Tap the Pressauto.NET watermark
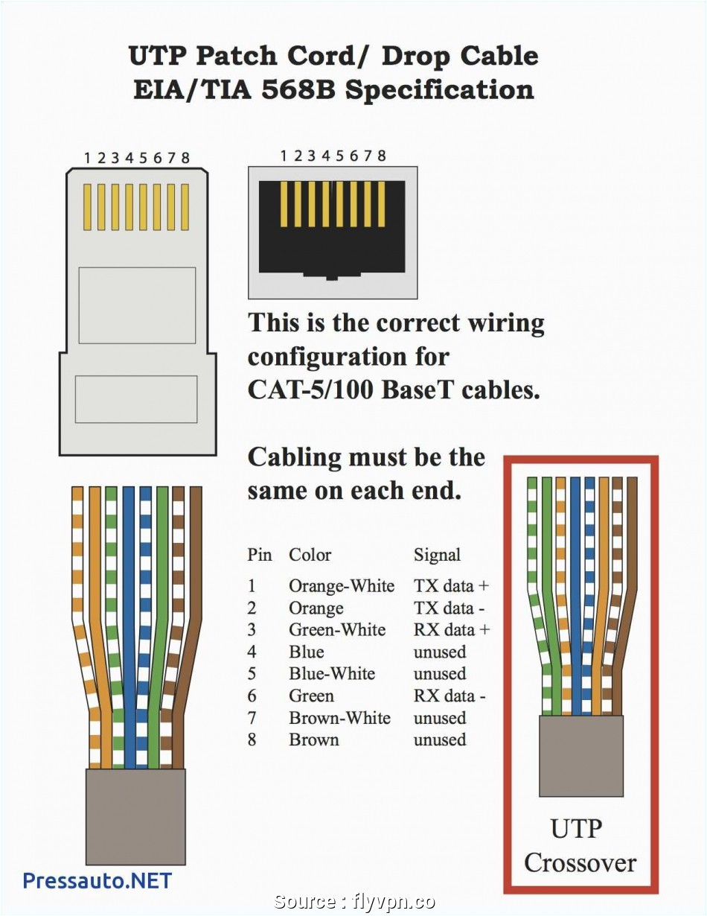pos(97,880)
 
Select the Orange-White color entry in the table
pos(342,586)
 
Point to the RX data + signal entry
pos(452,630)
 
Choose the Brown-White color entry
pos(339,718)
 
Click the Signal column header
pos(437,555)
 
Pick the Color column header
pos(310,555)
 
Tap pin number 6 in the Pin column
pos(252,696)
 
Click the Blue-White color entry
pos(332,674)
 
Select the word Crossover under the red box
pos(580,862)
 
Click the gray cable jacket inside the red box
pos(580,755)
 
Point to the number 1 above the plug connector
pos(87,158)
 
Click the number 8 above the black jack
pos(382,156)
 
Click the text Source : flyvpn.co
pos(354,902)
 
